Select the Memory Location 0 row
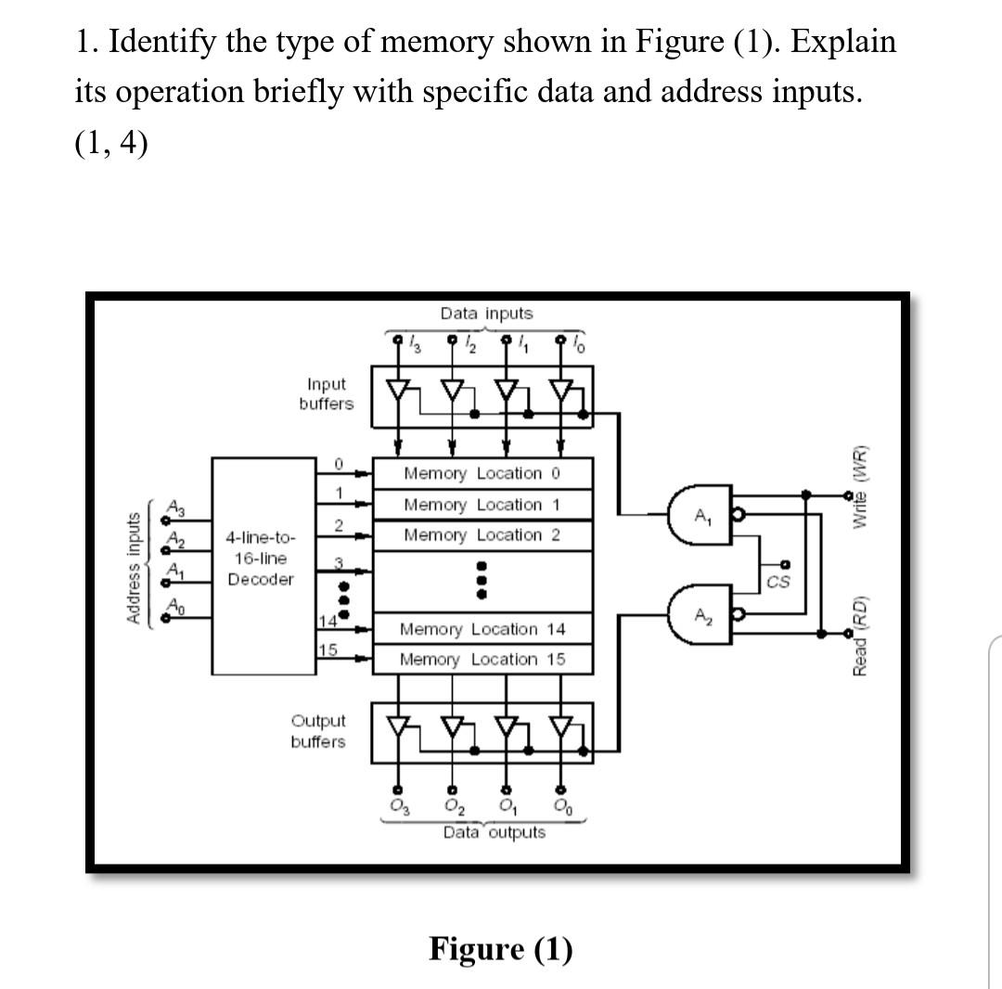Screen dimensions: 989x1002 482,473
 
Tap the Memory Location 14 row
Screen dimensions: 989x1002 482,629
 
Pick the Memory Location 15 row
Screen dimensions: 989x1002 482,660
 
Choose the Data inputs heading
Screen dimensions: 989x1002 487,314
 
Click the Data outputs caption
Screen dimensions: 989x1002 494,832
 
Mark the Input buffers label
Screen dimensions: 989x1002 326,393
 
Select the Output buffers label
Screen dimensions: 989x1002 318,731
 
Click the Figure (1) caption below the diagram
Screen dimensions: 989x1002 500,949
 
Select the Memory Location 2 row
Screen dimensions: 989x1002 482,535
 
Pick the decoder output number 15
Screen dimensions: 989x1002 327,649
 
